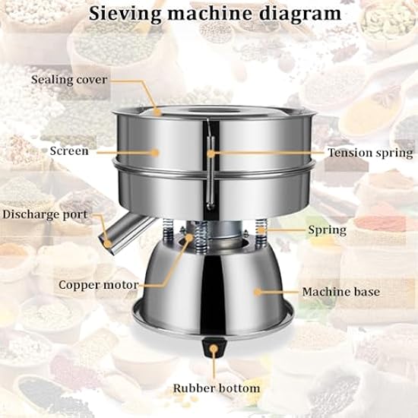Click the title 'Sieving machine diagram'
215,14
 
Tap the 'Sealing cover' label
69,80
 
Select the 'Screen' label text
69,151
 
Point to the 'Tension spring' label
370,153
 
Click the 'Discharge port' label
45,214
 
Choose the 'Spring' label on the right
328,230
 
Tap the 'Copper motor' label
99,285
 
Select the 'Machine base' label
341,292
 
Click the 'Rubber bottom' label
217,388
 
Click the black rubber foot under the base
214,348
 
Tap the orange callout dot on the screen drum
154,153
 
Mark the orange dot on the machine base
257,292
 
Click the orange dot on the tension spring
211,154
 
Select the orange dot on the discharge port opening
108,243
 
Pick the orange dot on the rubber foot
214,348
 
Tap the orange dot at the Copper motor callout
189,237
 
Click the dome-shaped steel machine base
214,288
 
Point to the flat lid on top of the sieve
214,112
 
